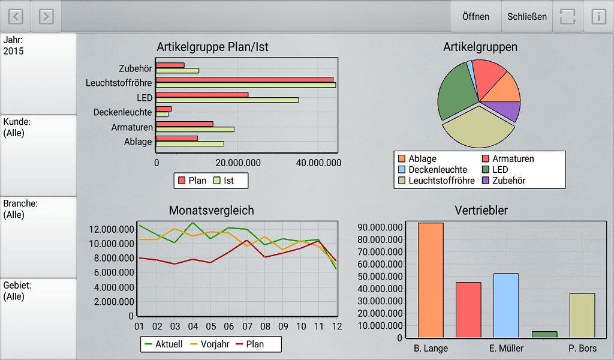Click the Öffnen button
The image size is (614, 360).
click(x=475, y=16)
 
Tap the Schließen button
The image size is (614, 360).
click(x=526, y=16)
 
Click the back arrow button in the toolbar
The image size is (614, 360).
click(x=15, y=16)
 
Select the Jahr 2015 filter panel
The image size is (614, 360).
click(x=38, y=73)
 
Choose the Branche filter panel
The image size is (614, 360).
click(x=38, y=236)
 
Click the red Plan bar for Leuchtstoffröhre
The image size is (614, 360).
click(x=245, y=79)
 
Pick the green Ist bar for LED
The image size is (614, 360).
click(x=227, y=100)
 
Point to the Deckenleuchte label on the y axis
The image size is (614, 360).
click(x=122, y=112)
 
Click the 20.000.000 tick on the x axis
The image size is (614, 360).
click(x=237, y=163)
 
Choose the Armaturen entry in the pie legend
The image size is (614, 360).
click(x=513, y=159)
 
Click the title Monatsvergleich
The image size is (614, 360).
click(x=211, y=211)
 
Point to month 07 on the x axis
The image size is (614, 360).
click(x=247, y=326)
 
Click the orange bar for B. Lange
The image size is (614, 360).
click(x=431, y=280)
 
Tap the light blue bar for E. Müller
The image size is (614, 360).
click(x=506, y=305)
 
